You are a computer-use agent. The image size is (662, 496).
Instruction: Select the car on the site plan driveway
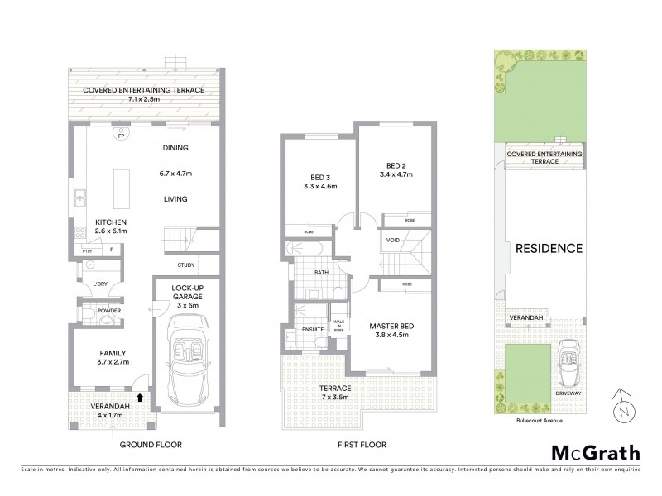point(567,364)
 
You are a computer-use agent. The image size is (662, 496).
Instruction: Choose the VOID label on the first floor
point(393,240)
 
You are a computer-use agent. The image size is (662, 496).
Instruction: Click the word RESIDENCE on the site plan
point(549,248)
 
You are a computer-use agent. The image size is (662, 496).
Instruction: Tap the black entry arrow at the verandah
point(140,398)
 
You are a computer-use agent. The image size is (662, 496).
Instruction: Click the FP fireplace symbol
point(118,137)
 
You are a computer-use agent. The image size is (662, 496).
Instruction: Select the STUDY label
point(187,265)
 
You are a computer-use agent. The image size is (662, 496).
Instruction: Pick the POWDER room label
point(109,311)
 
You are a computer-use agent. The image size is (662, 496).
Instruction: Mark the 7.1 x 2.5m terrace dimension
point(137,99)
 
